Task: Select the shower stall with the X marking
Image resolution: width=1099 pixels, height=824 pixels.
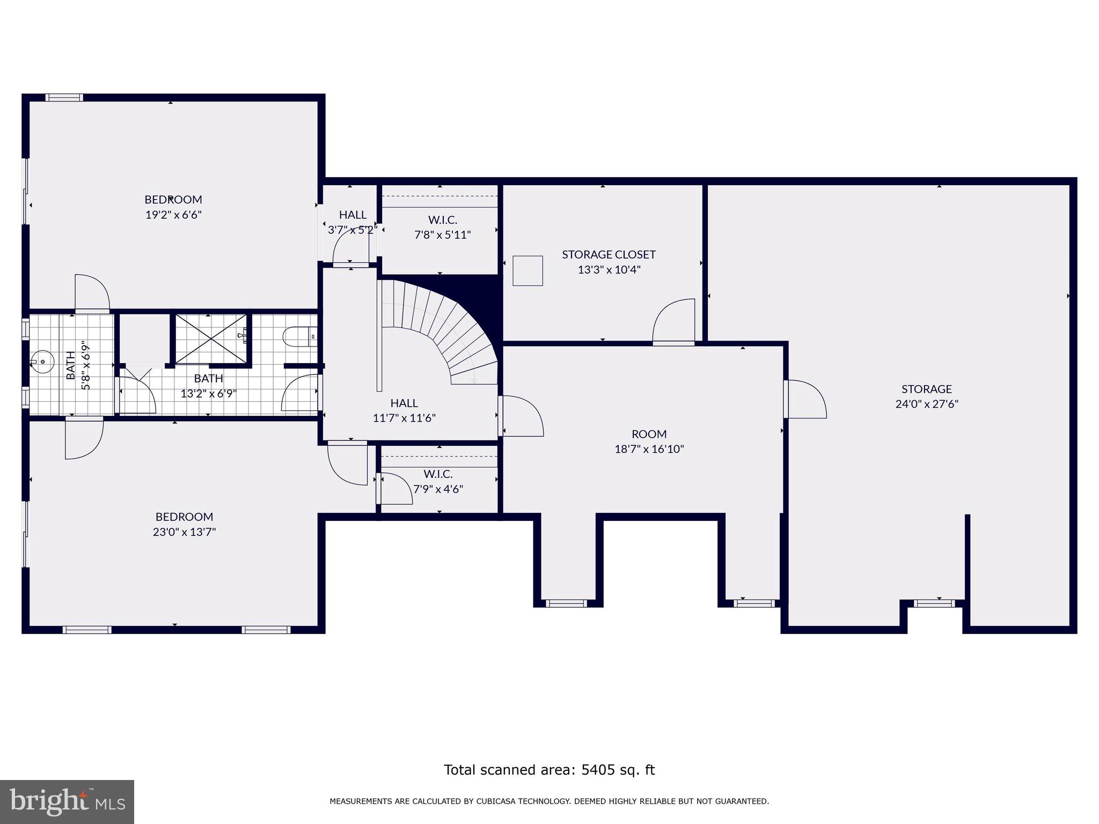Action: coord(210,339)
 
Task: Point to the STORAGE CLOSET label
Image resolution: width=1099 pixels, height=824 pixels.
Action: coord(609,254)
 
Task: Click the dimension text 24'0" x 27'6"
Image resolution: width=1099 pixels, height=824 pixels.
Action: coord(926,404)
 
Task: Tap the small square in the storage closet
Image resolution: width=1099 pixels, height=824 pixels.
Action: coord(527,270)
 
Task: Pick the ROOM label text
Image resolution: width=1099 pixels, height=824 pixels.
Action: coord(649,434)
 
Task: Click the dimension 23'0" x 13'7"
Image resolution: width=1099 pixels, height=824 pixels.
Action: coord(184,532)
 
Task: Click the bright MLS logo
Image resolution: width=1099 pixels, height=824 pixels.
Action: coord(67,802)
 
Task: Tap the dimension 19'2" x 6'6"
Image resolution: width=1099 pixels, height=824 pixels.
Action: coord(173,215)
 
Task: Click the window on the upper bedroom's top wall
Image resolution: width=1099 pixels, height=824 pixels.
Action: coord(64,98)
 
